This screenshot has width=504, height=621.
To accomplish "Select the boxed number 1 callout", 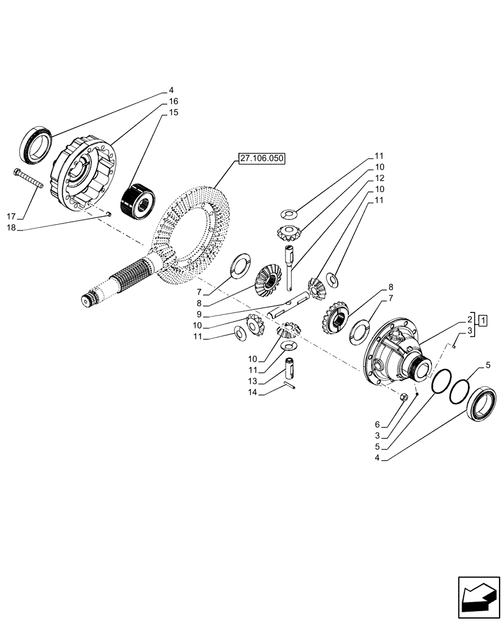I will (482, 320).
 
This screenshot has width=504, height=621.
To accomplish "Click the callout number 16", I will (173, 101).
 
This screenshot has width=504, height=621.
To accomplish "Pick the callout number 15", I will (173, 112).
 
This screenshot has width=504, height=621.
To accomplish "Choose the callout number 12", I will (379, 178).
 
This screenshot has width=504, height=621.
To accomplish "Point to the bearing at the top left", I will (37, 143).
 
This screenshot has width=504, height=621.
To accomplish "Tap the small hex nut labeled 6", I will (403, 397).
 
